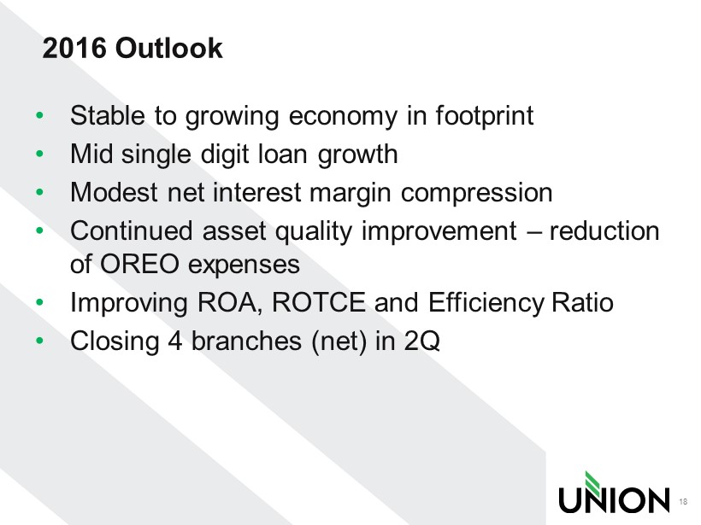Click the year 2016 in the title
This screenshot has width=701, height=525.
74,48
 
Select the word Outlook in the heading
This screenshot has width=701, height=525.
169,48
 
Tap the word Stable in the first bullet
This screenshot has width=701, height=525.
108,115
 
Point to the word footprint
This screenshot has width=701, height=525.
485,117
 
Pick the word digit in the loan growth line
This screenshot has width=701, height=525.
225,155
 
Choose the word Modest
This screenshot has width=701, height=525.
114,192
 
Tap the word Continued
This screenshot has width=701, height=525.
132,230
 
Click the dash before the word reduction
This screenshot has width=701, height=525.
533,232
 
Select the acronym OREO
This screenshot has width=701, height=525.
139,264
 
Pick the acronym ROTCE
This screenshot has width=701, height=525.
318,302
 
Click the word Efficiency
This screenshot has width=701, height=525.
486,304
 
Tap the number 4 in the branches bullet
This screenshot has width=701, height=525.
174,341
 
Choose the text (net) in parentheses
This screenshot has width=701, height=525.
339,342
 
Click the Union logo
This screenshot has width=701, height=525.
615,492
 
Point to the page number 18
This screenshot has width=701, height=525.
683,501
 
